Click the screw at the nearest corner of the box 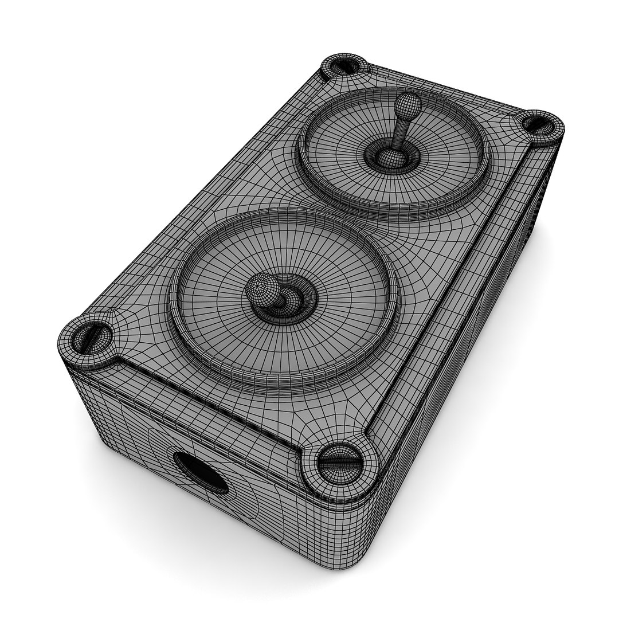(340, 463)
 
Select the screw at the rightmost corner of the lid (539, 123)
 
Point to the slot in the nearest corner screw (340, 463)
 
